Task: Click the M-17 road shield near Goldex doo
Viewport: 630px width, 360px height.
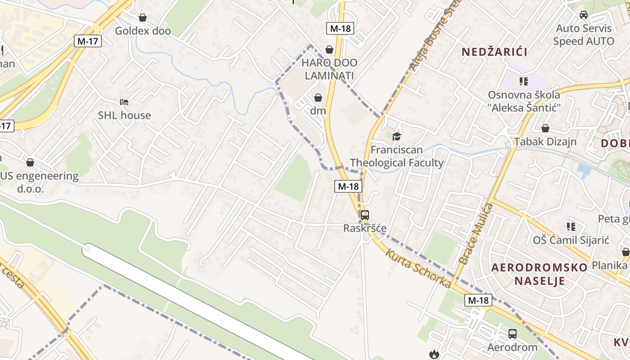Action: tap(88, 41)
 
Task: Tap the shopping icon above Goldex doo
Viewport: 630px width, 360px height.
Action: tap(143, 18)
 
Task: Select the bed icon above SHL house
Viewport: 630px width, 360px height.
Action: tap(124, 102)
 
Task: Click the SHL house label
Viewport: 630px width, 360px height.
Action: tap(125, 115)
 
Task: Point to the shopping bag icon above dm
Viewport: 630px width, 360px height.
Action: tap(318, 97)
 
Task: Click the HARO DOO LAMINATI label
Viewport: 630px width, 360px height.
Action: tap(329, 69)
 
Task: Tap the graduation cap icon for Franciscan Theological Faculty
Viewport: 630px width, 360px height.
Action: tap(396, 136)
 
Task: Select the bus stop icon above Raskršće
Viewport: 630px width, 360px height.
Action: tap(364, 215)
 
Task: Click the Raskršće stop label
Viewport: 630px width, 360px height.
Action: tap(365, 228)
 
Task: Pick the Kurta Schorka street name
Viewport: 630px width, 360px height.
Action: tap(418, 268)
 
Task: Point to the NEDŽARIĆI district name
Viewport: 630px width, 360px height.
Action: tap(495, 52)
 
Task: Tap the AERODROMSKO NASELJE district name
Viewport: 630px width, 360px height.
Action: tap(539, 274)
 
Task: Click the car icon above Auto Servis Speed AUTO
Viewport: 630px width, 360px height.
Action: tap(584, 15)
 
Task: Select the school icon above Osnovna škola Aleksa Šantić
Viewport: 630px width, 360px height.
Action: tap(523, 81)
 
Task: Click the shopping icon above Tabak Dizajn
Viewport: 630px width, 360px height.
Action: tap(545, 128)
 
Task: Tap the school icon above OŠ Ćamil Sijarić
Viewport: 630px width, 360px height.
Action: tap(571, 226)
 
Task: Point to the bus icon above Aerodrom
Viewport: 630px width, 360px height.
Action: tap(512, 333)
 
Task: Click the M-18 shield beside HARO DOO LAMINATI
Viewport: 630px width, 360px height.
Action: tap(340, 28)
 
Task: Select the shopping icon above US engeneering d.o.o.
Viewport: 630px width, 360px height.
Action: tap(30, 162)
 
